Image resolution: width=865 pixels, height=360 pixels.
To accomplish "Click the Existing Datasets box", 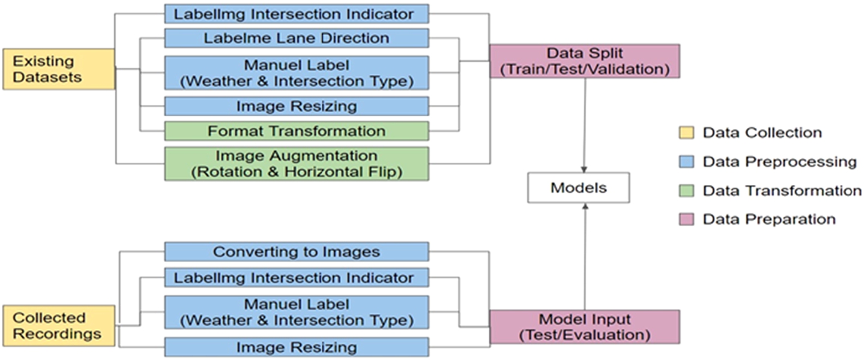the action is click(59, 69).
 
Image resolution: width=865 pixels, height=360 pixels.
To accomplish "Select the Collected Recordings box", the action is click(59, 326).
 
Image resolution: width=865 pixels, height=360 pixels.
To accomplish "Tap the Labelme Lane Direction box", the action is click(297, 38).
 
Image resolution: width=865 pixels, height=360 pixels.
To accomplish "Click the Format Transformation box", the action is click(297, 131).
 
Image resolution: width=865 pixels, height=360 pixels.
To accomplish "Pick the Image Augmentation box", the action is click(297, 164).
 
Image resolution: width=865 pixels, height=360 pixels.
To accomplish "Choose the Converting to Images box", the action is click(297, 251).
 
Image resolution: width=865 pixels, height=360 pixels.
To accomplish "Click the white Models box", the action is click(579, 188).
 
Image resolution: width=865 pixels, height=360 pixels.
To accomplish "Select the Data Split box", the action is click(585, 61).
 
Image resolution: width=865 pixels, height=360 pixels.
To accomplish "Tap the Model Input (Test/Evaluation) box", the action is click(585, 327).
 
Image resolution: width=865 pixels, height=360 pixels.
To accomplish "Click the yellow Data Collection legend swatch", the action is click(686, 133).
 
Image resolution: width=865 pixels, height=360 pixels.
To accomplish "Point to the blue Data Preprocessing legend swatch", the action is click(686, 161).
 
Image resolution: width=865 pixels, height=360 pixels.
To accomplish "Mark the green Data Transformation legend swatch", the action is click(686, 191).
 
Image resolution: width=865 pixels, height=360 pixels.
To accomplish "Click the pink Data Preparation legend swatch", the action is click(686, 219).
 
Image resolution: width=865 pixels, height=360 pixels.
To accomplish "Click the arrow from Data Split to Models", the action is click(584, 125).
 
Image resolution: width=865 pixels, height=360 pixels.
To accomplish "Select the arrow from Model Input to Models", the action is click(585, 257).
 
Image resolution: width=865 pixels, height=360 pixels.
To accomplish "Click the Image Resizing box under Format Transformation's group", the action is click(297, 106).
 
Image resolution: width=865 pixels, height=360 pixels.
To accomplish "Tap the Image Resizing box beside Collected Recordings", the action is click(297, 347).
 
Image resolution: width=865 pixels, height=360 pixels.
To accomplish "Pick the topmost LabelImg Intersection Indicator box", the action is click(297, 14).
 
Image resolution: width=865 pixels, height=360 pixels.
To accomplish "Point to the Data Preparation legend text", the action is click(769, 219).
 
